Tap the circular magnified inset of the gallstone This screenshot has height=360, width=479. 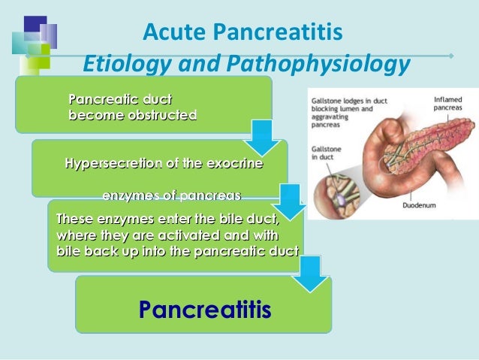pyautogui.click(x=343, y=189)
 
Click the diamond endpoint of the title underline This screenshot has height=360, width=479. pyautogui.click(x=450, y=55)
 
